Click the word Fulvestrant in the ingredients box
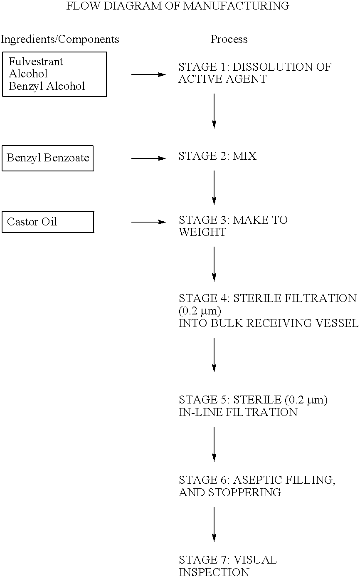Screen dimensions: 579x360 (36, 62)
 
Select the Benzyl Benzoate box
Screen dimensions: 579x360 (47, 158)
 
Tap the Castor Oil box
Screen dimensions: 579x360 (47, 222)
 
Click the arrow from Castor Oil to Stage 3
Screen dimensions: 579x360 (148, 222)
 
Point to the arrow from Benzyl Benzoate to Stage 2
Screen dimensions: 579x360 (148, 158)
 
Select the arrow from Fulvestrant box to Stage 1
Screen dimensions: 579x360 (148, 74)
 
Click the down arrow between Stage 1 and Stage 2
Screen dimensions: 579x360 (214, 110)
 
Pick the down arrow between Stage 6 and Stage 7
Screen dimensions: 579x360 (214, 524)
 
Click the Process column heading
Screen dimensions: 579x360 (229, 40)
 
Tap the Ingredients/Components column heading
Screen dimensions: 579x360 (60, 40)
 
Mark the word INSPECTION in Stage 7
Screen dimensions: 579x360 (214, 572)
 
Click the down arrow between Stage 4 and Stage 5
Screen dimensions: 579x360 (214, 354)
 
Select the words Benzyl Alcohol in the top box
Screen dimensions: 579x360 (47, 86)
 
